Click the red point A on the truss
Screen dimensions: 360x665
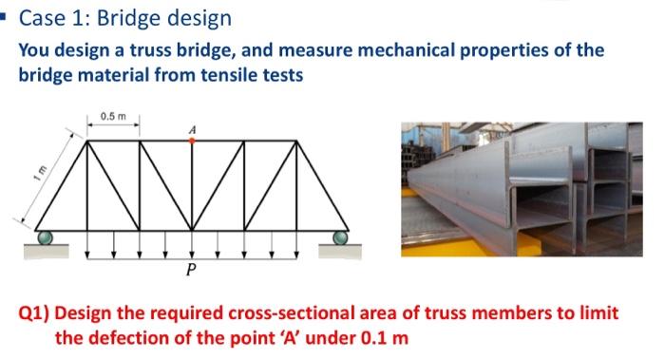click(x=192, y=141)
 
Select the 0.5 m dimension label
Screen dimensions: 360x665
click(x=113, y=117)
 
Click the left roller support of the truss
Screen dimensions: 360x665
click(x=44, y=237)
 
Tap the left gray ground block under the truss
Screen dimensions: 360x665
click(x=45, y=251)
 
